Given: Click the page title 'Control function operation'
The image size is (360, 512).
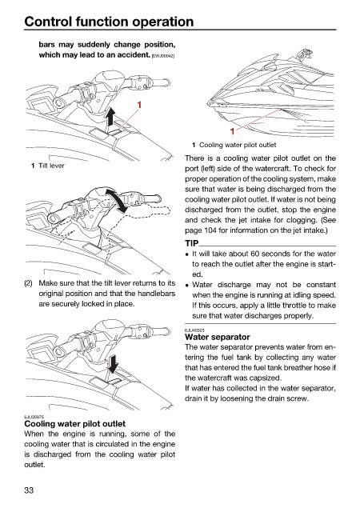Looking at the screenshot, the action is (x=109, y=22).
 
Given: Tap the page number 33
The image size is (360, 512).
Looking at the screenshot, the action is (x=29, y=490).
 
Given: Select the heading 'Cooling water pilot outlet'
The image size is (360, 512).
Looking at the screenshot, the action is (x=75, y=424).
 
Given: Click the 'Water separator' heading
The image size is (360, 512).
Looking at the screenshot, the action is (x=218, y=337).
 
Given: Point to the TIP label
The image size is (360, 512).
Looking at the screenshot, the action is (x=192, y=243).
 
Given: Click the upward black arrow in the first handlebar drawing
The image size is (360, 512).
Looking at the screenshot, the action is (x=111, y=118).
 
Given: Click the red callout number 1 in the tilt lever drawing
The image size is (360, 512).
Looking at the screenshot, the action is (x=139, y=105).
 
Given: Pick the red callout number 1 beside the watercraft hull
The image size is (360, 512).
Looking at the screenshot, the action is (x=232, y=131).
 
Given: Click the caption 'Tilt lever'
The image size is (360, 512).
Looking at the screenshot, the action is (x=51, y=166).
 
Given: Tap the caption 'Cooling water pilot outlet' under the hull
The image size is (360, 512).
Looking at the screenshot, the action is (x=238, y=145).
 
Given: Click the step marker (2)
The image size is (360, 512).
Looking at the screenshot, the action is (x=28, y=283).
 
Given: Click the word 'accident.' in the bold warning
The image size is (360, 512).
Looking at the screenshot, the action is (x=134, y=55).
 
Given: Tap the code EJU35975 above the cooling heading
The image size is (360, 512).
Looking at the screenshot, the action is (x=34, y=417).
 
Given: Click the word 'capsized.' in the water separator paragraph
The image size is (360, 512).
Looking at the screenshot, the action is (x=266, y=378).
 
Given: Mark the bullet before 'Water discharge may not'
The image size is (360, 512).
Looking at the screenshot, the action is (x=187, y=286).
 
